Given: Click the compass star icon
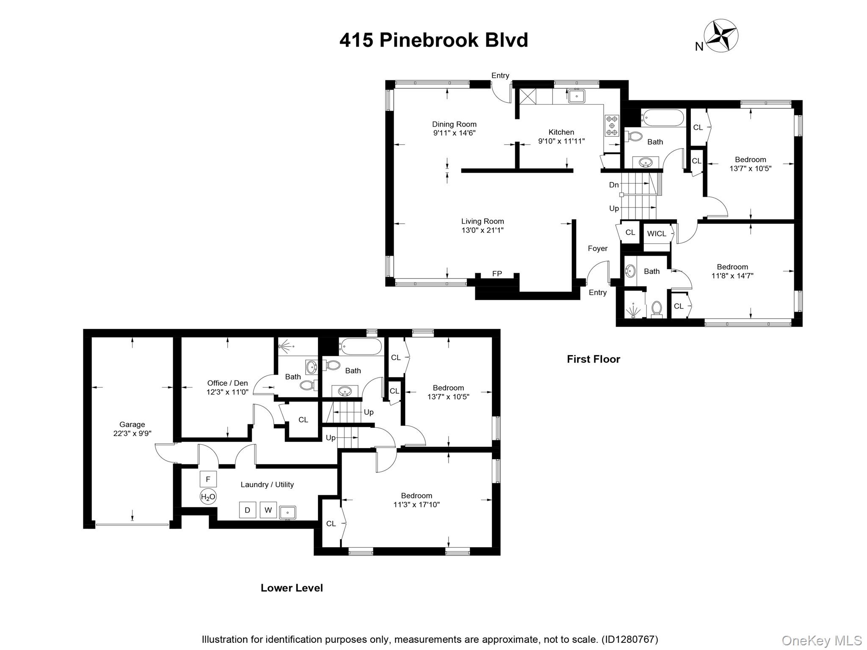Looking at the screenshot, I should click(721, 36).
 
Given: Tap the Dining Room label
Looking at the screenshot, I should click(454, 124).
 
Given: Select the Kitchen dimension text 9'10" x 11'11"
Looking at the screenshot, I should click(561, 141).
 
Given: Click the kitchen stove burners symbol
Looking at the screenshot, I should click(611, 126).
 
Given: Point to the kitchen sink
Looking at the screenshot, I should click(576, 96).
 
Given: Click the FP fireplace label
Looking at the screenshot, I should click(497, 274).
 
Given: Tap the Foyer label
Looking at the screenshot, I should click(597, 248).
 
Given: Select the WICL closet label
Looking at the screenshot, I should click(657, 234).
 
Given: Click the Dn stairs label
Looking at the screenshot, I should click(614, 185).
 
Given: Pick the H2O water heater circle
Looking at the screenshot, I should click(208, 497).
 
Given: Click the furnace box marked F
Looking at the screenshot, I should click(208, 479).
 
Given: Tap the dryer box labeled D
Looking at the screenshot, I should click(247, 510).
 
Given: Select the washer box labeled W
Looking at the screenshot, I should click(268, 510).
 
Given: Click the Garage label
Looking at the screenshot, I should click(132, 424).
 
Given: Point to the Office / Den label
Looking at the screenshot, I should click(227, 383).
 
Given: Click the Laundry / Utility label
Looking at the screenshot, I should click(267, 485).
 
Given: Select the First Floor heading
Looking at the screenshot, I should click(593, 359).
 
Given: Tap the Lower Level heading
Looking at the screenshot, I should click(292, 588).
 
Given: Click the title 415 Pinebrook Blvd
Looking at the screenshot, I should click(433, 40).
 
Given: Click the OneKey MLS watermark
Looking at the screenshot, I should click(821, 641).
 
